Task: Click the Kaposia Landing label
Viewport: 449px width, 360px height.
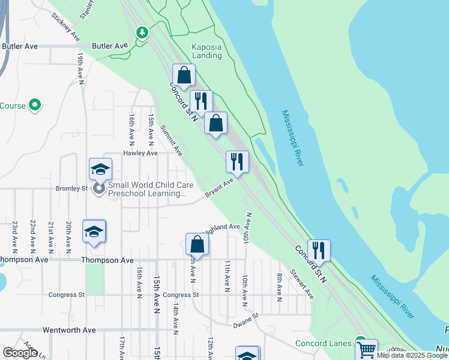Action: click(206, 51)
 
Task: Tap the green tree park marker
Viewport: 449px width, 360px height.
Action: click(142, 32)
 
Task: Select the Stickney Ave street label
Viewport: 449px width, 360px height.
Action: click(66, 28)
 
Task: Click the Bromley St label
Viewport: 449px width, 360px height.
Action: click(72, 188)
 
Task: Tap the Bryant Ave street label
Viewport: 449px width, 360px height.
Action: click(219, 188)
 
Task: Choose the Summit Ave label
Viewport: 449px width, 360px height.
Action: click(171, 140)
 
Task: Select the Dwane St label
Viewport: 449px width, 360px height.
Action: click(246, 320)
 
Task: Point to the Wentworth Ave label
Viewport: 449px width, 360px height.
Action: click(69, 330)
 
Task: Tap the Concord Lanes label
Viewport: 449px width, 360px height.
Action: click(324, 343)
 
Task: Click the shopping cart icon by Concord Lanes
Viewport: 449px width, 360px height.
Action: click(366, 349)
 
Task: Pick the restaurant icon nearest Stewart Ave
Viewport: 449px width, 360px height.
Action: click(319, 250)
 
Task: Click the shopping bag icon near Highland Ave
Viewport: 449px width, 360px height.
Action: click(197, 244)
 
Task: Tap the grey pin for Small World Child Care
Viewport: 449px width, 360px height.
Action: click(99, 189)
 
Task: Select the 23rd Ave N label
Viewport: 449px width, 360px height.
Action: click(15, 235)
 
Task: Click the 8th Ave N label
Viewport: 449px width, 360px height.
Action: click(280, 284)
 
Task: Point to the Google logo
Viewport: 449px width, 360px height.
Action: click(20, 353)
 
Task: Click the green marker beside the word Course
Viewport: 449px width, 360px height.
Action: click(34, 106)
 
